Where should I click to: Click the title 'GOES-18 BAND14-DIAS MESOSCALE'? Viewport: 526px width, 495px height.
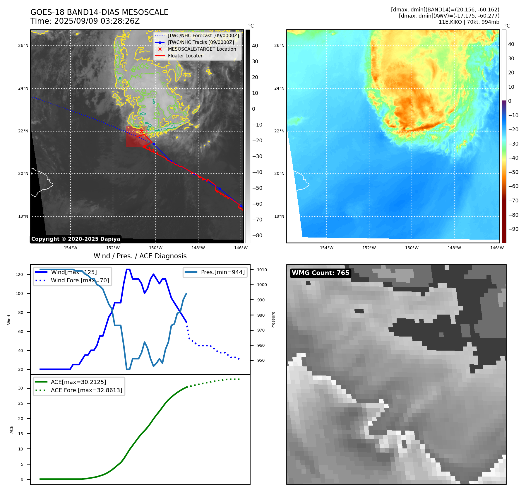[99, 12]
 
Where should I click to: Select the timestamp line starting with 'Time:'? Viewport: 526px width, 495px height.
[85, 21]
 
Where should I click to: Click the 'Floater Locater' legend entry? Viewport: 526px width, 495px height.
[185, 56]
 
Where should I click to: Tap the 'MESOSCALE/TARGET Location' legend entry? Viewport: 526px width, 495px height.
[202, 49]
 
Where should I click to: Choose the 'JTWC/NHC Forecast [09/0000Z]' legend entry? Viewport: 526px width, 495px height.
[203, 35]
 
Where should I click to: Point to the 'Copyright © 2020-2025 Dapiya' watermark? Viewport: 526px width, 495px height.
[76, 239]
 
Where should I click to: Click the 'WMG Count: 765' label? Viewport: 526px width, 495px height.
[320, 273]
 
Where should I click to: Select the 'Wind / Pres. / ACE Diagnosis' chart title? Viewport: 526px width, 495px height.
[140, 256]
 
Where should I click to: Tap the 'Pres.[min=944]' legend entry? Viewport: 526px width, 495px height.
[222, 272]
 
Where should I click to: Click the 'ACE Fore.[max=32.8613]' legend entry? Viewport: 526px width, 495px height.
[86, 390]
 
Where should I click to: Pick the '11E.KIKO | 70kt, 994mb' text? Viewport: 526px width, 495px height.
[469, 22]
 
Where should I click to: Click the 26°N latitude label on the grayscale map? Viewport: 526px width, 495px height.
[23, 46]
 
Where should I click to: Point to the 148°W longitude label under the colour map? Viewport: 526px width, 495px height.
[454, 248]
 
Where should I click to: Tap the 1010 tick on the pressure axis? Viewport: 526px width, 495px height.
[262, 270]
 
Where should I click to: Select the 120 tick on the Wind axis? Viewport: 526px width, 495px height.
[19, 274]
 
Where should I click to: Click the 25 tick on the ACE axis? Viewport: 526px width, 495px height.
[20, 403]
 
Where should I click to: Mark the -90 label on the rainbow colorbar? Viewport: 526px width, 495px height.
[513, 229]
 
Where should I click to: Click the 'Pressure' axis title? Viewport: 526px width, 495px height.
[273, 320]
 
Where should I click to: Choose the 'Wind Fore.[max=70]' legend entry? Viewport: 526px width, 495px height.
[80, 280]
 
